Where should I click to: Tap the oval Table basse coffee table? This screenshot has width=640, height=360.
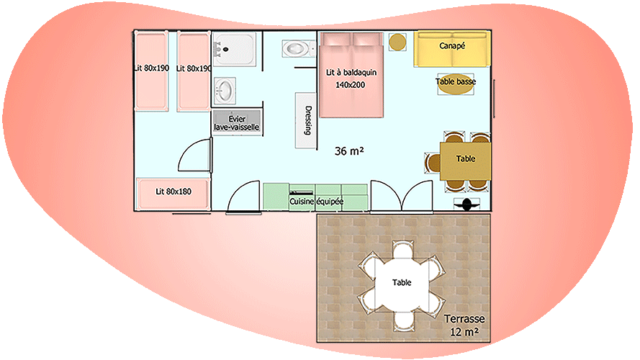[x=456, y=82]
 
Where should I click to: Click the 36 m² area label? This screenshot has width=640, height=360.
[x=349, y=151]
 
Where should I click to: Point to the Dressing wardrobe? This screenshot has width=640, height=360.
[x=306, y=121]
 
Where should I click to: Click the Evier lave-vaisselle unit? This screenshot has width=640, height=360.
[x=236, y=122]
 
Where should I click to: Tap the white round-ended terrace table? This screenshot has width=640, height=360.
[x=402, y=282]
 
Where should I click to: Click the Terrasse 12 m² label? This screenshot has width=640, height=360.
[x=464, y=325]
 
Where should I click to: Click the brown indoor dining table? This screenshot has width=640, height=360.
[x=466, y=159]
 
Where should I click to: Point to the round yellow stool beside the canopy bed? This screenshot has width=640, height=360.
[x=397, y=42]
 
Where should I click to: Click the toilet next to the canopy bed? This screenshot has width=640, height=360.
[x=294, y=49]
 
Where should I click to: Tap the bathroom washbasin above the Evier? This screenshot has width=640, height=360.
[x=225, y=91]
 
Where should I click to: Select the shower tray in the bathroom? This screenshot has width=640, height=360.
[x=233, y=49]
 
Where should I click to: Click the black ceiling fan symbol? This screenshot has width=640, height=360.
[x=467, y=204]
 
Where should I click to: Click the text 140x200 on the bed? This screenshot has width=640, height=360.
[x=351, y=85]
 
